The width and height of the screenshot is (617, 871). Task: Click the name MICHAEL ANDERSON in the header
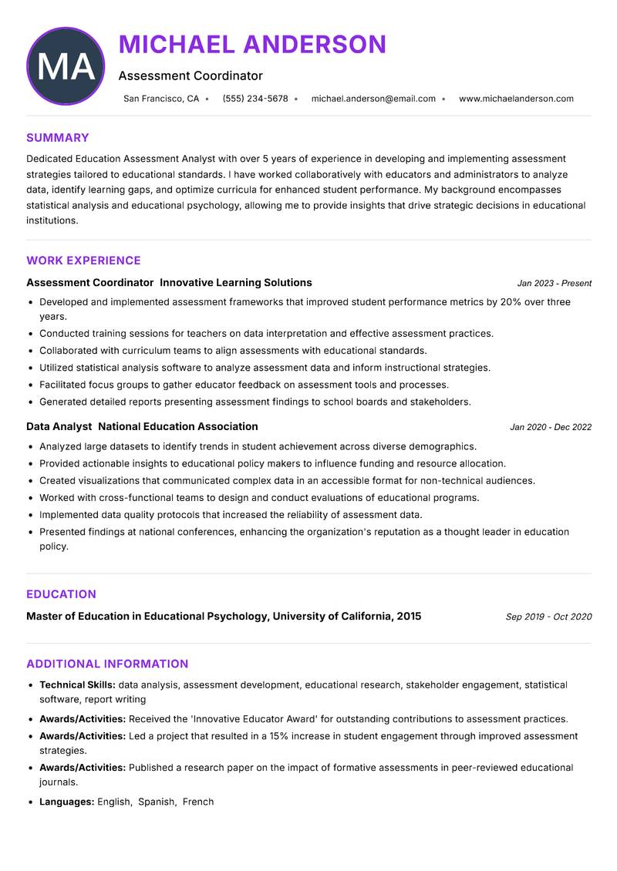pos(252,45)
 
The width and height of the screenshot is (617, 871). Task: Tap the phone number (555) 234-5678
pos(255,99)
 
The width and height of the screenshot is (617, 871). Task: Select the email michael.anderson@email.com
pos(373,99)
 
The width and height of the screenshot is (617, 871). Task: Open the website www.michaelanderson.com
pos(516,99)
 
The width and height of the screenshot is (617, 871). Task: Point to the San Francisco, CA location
pos(161,99)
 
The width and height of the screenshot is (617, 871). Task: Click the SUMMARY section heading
pos(57,138)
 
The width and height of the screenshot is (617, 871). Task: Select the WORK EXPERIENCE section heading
pos(83,261)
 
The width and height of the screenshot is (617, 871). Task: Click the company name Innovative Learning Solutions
pos(236,283)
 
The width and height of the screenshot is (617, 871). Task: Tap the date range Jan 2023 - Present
pos(554,284)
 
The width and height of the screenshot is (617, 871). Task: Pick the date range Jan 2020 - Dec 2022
pos(551,427)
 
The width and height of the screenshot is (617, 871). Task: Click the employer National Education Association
pos(178,426)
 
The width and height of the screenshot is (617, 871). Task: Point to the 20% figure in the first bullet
pos(511,302)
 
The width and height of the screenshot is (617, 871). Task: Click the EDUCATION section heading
pos(61,594)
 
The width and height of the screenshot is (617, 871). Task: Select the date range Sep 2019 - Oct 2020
pos(548,617)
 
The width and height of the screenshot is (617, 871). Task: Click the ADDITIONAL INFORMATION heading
pos(107,664)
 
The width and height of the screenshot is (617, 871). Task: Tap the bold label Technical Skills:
pos(77,684)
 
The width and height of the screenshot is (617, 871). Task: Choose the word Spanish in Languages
pos(157,802)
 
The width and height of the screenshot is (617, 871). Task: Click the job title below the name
pos(190,76)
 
